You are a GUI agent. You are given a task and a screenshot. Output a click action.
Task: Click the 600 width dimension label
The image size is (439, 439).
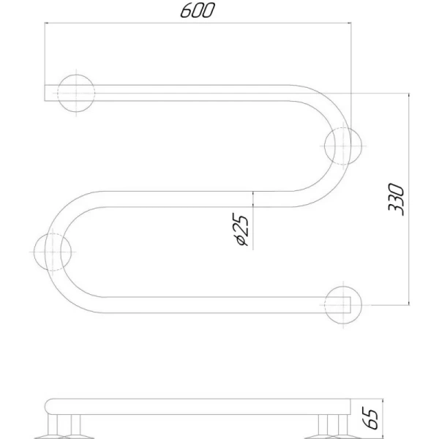pos(198,10)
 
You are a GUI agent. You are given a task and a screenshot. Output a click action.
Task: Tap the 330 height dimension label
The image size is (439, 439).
pos(396,199)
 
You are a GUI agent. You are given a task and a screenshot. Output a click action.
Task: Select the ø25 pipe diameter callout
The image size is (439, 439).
pos(240,229)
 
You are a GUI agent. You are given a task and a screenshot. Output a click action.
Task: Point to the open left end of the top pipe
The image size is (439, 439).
pos(45,93)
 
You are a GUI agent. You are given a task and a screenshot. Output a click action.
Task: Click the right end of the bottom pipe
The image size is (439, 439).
pos(350,304)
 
